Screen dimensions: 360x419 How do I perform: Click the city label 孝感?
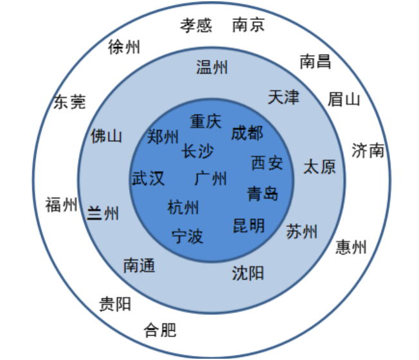(196, 25)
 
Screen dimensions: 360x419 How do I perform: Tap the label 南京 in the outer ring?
(249, 25)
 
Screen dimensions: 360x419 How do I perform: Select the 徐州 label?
(125, 47)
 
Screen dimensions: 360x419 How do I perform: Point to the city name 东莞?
(69, 102)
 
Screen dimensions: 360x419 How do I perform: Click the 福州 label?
(62, 206)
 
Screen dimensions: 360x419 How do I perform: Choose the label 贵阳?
(115, 303)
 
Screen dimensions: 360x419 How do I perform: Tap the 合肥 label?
(160, 330)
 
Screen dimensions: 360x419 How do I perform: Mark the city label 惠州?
(351, 247)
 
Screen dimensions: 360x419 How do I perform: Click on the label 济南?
(368, 150)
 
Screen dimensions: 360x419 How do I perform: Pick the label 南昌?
(316, 61)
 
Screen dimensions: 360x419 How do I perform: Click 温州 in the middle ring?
(212, 67)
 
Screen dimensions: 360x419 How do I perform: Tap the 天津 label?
(283, 98)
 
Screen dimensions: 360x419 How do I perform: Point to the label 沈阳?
(247, 273)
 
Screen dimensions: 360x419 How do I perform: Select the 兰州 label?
(103, 213)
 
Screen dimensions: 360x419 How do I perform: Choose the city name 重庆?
(206, 121)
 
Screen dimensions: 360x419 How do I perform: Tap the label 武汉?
(148, 178)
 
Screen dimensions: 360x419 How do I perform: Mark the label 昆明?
(249, 226)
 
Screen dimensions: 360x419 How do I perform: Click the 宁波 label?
(188, 236)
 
